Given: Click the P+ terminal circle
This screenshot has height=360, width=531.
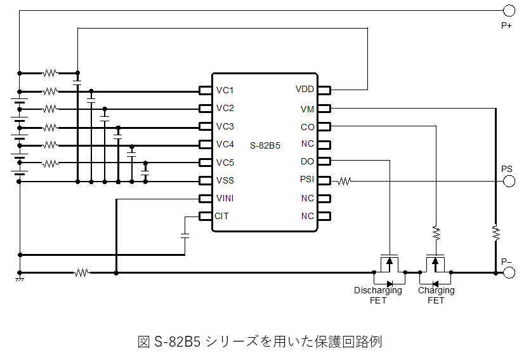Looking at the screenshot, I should (x=508, y=10).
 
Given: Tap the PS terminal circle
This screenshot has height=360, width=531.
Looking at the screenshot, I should (x=508, y=181).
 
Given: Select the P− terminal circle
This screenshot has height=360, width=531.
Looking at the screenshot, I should (x=508, y=273).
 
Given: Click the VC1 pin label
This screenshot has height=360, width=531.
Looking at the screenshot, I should (x=225, y=90).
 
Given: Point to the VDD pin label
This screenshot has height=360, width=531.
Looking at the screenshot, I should (x=305, y=90).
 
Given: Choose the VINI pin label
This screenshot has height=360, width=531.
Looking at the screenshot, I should (x=225, y=198).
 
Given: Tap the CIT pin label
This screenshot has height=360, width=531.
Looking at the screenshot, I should (x=222, y=216).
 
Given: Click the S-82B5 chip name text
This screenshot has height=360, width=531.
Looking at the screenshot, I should (x=265, y=145).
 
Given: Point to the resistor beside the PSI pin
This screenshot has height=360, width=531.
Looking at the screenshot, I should (x=344, y=181).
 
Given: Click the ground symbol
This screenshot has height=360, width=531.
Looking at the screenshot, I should (x=20, y=278).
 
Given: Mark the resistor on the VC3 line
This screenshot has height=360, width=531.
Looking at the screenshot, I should (x=50, y=126).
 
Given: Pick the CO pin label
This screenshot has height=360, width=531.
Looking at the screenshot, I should (x=307, y=127).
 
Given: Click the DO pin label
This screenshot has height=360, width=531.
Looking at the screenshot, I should (x=307, y=162).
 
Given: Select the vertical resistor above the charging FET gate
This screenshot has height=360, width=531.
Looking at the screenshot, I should (x=436, y=233).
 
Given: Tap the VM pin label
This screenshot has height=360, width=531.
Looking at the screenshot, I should (x=307, y=109).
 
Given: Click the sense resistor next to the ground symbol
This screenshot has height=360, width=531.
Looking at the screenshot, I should (x=81, y=273).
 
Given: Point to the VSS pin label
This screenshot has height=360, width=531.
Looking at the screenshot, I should (x=225, y=180).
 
